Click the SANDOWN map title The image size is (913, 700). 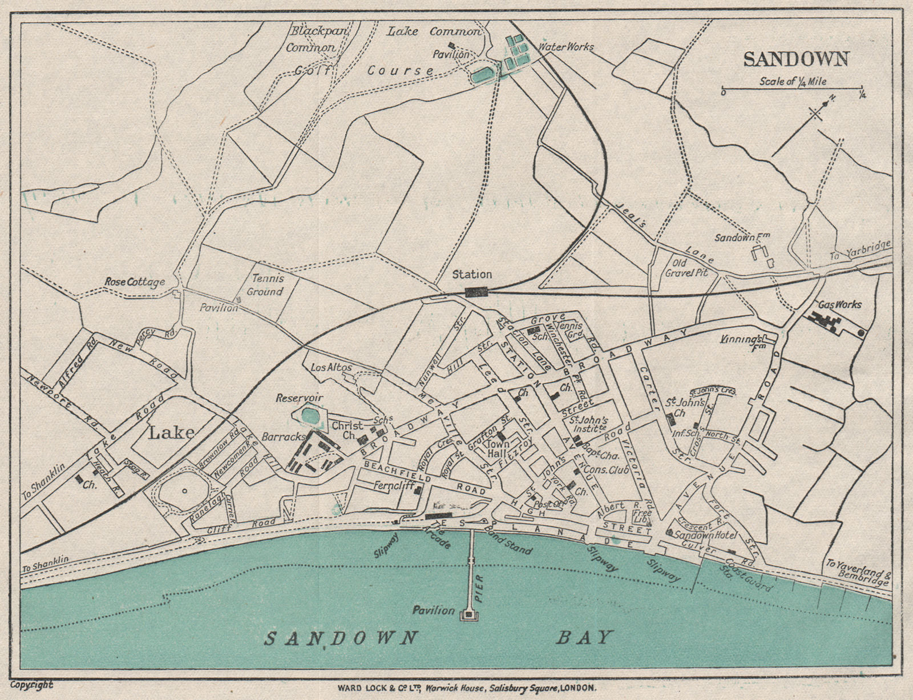pyautogui.click(x=796, y=59)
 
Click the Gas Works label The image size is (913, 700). pyautogui.click(x=839, y=304)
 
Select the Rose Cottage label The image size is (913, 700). pyautogui.click(x=135, y=281)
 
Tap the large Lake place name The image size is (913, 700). pyautogui.click(x=171, y=432)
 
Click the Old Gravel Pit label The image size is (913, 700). pyautogui.click(x=690, y=268)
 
